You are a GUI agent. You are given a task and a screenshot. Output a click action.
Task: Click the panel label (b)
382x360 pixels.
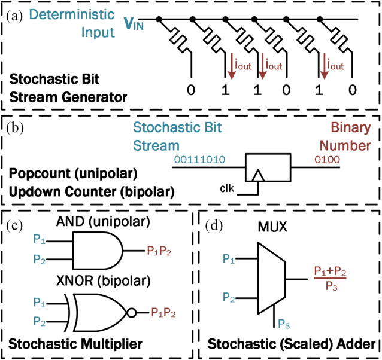click(16, 126)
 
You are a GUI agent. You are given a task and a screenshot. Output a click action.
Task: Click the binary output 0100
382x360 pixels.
click(328, 160)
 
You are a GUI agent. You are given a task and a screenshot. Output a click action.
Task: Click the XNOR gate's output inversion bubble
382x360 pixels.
click(132, 311)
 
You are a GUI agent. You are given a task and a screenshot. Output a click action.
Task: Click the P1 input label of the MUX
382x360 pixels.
click(228, 258)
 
